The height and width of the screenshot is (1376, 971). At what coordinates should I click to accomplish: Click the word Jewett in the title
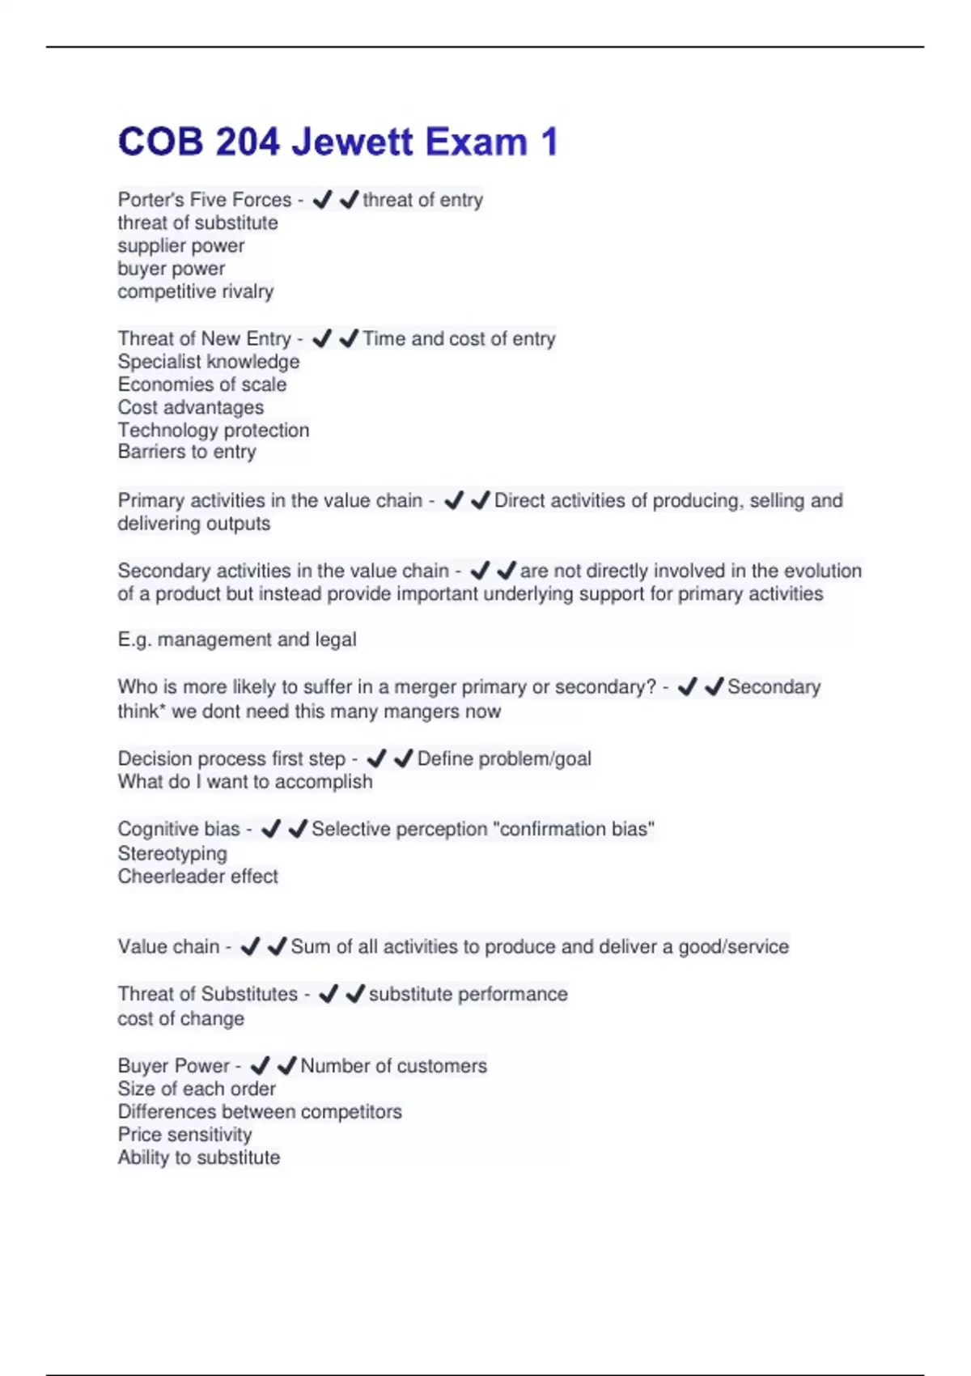(x=352, y=142)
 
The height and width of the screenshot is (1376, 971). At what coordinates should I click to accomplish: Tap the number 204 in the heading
(x=247, y=142)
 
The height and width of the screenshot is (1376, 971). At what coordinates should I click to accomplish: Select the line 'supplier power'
(x=180, y=245)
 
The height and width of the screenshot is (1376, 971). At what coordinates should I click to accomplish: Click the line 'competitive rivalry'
(x=195, y=291)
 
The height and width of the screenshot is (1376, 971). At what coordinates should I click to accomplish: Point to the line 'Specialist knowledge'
(x=208, y=362)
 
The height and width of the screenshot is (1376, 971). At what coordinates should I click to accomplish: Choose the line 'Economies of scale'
(x=201, y=384)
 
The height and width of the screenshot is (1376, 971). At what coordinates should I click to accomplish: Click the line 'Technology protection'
(x=213, y=430)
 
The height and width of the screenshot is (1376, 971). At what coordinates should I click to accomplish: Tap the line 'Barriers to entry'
(x=186, y=452)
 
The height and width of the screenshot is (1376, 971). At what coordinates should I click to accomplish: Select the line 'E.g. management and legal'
(x=236, y=639)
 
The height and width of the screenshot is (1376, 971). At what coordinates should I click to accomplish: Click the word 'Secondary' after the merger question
(x=774, y=687)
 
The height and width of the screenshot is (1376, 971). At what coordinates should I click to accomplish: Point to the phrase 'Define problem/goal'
(x=504, y=758)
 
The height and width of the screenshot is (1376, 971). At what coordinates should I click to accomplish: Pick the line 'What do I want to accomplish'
(x=244, y=782)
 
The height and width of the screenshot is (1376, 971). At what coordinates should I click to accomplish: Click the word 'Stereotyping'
(x=172, y=853)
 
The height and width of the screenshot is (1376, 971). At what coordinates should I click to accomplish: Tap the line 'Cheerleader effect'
(x=197, y=876)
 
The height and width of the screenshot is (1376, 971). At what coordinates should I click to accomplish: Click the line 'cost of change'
(x=180, y=1018)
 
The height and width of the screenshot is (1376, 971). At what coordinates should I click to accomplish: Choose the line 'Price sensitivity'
(x=184, y=1135)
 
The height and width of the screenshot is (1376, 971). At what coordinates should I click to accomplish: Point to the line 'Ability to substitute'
(x=198, y=1157)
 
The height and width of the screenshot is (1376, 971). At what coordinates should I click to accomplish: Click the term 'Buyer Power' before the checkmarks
(x=173, y=1066)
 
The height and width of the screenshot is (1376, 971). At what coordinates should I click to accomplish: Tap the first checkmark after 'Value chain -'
(x=250, y=946)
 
